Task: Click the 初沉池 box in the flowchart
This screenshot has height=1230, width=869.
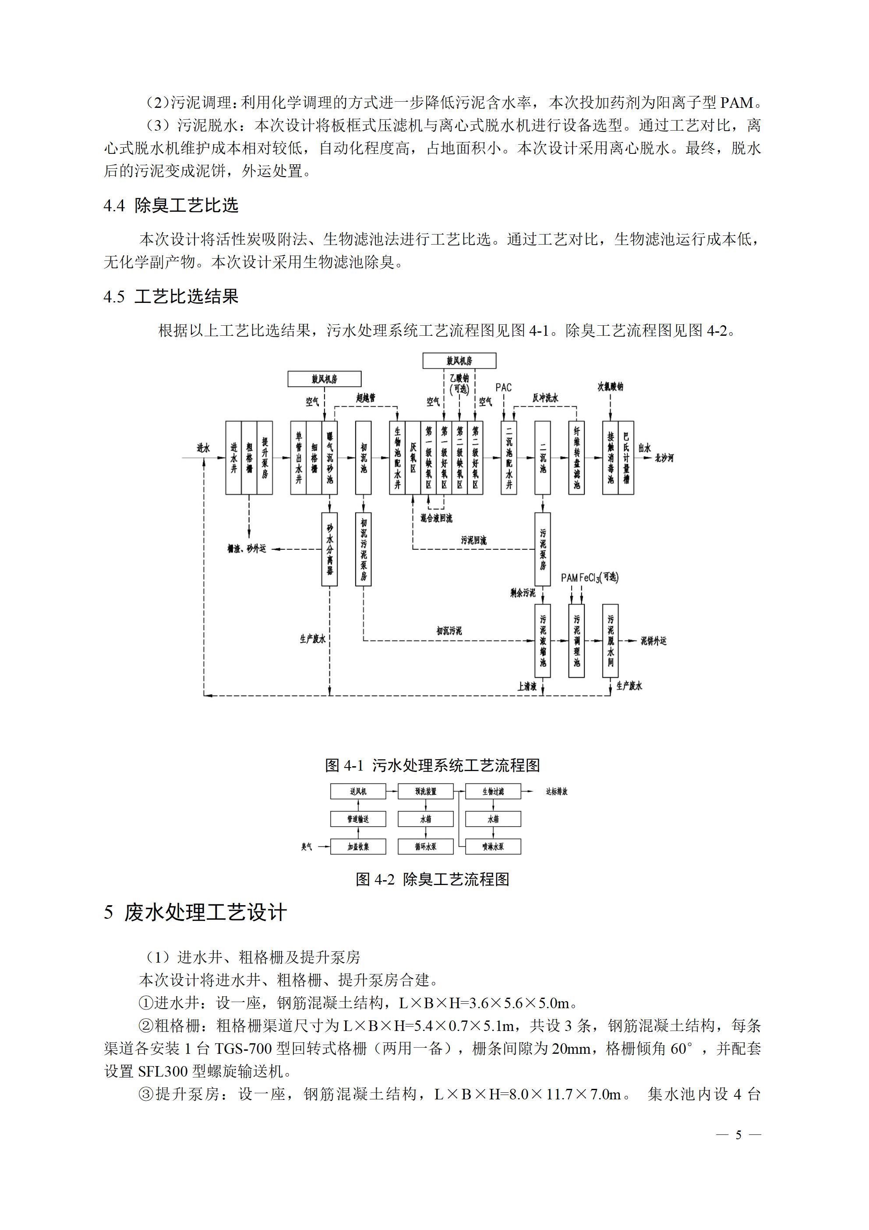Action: point(364,458)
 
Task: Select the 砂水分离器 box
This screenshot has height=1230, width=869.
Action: point(329,549)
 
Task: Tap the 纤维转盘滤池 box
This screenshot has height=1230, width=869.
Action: point(576,458)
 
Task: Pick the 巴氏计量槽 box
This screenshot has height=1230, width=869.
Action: point(626,458)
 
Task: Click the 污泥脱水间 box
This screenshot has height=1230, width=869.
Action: point(611,641)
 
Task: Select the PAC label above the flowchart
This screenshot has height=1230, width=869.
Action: point(503,387)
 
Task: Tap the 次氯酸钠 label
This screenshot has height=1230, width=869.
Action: point(611,386)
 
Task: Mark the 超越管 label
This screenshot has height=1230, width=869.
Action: point(366,398)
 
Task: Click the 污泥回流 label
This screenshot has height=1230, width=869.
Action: point(473,540)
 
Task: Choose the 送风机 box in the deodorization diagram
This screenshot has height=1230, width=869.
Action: point(358,791)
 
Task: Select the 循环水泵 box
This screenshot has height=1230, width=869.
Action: point(426,846)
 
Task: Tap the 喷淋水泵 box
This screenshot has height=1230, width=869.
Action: point(493,846)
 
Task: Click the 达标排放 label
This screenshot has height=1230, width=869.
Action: point(556,791)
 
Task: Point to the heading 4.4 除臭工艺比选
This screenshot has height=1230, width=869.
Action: point(171,205)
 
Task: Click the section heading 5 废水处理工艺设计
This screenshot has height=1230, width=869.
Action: point(195,912)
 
